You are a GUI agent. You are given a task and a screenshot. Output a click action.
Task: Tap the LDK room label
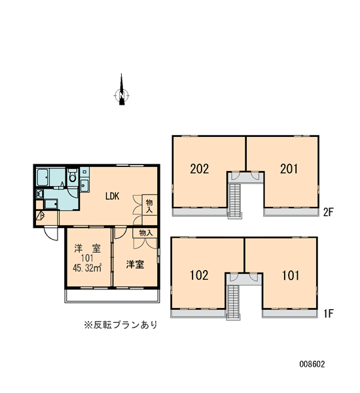click(x=112, y=196)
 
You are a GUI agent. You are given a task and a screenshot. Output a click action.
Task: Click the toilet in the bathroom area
click(x=73, y=176)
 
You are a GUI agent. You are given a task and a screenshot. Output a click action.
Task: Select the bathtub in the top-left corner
click(x=43, y=178)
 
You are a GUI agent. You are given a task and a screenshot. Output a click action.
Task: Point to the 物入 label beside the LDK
click(x=149, y=206)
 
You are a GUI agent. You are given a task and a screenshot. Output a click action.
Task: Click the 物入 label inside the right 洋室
click(x=146, y=233)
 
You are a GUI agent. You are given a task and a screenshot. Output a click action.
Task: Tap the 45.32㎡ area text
click(x=86, y=268)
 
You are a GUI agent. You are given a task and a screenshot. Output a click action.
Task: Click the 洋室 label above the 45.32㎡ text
click(x=88, y=249)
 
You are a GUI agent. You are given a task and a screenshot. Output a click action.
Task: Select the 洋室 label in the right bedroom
click(x=135, y=265)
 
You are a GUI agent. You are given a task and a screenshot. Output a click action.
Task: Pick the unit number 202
click(x=200, y=169)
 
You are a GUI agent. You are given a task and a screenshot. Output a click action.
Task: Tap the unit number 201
click(x=289, y=169)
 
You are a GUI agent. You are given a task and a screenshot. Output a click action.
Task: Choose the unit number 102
click(x=199, y=275)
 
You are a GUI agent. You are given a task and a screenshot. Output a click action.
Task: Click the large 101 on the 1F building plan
click(x=291, y=276)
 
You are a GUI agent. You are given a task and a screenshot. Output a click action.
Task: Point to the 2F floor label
click(x=329, y=212)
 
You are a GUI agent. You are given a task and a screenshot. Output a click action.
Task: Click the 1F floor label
click(x=329, y=314)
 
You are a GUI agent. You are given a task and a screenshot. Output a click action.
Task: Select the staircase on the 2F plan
click(x=235, y=201)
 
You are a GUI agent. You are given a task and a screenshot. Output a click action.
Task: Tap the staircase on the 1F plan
click(x=233, y=303)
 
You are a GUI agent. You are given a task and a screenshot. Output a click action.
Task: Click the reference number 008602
click(x=312, y=364)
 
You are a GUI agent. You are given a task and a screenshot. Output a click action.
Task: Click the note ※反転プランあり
click(x=120, y=325)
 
